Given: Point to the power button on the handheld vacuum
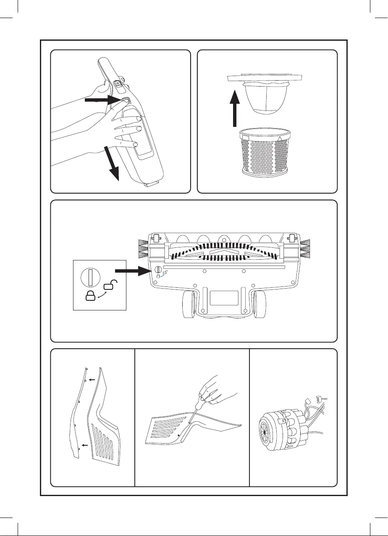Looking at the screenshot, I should (118, 84).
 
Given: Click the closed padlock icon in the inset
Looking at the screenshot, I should (90, 295).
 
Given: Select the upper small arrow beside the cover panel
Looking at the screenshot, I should (93, 379).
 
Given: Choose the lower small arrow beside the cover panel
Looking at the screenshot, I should (85, 444).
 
